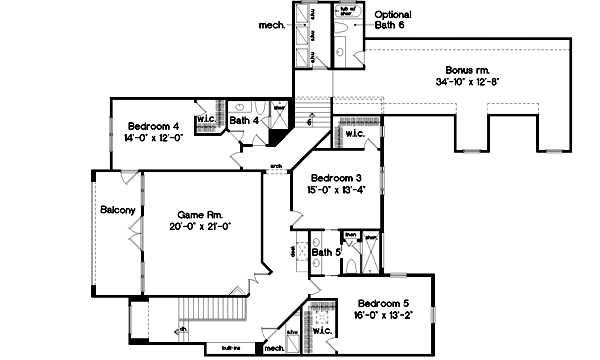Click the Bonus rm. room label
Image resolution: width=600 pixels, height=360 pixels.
[466, 70]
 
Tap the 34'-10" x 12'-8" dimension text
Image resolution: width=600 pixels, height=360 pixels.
[466, 81]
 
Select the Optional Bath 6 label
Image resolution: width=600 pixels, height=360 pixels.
[393, 20]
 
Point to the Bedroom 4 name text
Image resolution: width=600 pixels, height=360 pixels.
[153, 126]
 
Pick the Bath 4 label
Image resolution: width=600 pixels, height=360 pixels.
[244, 121]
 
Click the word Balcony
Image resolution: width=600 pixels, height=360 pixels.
[117, 210]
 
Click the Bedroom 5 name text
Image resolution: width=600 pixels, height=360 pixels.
[383, 303]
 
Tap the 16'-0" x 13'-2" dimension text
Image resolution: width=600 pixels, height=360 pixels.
[383, 314]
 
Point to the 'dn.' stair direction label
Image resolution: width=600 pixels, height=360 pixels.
[183, 327]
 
